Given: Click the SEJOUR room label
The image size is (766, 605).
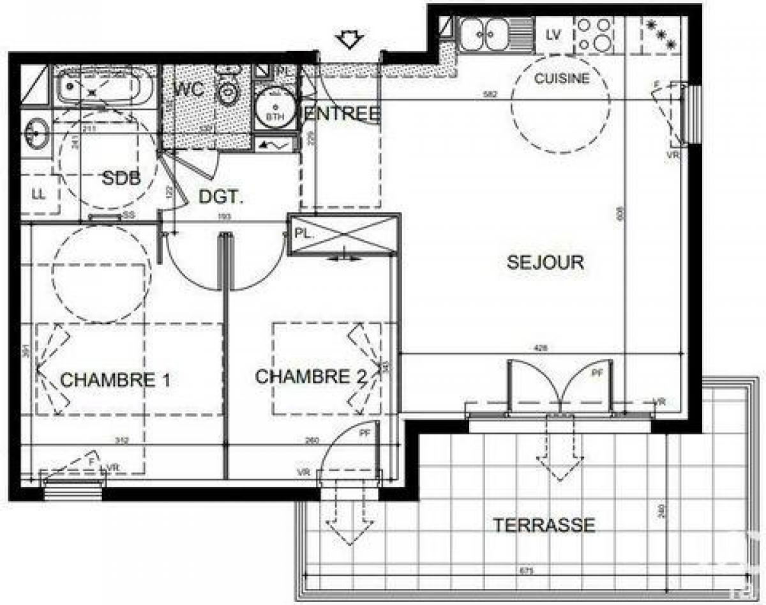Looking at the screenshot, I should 545,262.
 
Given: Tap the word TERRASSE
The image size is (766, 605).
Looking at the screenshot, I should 544,525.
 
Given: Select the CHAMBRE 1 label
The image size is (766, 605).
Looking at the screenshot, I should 115,380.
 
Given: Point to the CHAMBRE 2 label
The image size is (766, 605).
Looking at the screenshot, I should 311,377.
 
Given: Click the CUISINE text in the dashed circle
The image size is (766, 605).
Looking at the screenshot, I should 562,79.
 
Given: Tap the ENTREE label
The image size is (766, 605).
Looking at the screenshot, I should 343,114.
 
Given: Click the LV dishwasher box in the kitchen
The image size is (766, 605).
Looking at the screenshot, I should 553,35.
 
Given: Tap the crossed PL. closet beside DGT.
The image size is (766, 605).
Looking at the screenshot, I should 343,235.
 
